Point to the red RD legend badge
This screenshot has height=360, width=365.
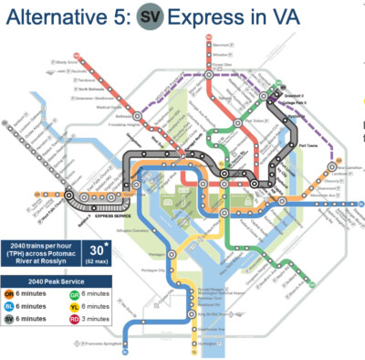(75, 321)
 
